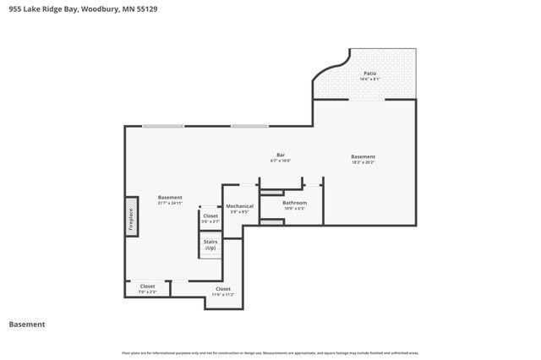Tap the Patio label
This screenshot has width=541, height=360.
(x=370, y=74)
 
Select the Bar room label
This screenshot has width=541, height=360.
(x=281, y=155)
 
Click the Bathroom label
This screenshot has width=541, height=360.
(x=294, y=203)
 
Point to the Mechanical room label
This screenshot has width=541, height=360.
(x=239, y=206)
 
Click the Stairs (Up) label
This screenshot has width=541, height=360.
(x=210, y=245)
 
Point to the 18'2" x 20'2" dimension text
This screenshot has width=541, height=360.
(x=363, y=162)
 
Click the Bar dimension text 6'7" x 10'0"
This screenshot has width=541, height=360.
(x=281, y=161)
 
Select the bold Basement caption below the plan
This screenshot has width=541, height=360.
(x=26, y=325)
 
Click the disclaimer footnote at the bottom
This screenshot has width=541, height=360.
(x=270, y=352)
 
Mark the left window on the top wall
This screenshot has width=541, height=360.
(x=162, y=127)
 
